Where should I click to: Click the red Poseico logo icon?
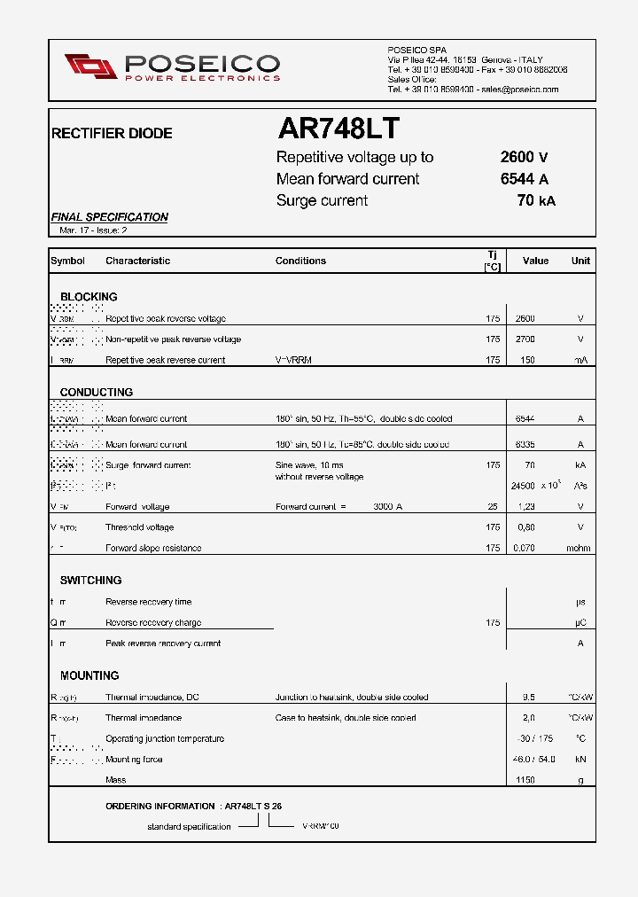coord(90,66)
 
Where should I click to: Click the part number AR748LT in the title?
coord(338,129)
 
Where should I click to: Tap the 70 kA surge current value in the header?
coord(535,200)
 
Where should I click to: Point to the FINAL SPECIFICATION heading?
coord(109,217)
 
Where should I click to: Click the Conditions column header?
coord(300,261)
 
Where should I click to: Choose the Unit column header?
coord(580,261)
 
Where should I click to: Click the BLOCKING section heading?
coord(89,297)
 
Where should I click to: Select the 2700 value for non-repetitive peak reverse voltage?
coord(525,339)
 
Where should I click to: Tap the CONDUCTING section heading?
coord(96,392)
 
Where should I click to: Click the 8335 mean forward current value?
coord(525,444)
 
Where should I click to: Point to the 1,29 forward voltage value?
coord(525,507)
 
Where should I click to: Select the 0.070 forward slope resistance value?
coord(525,548)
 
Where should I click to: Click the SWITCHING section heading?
coord(90,581)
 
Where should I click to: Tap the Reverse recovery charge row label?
coord(153,623)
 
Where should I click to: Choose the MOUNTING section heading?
coord(89,675)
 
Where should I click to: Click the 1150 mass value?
coord(525,780)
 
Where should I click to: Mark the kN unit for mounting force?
coord(580,760)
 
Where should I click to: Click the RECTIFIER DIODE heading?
coord(112,134)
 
